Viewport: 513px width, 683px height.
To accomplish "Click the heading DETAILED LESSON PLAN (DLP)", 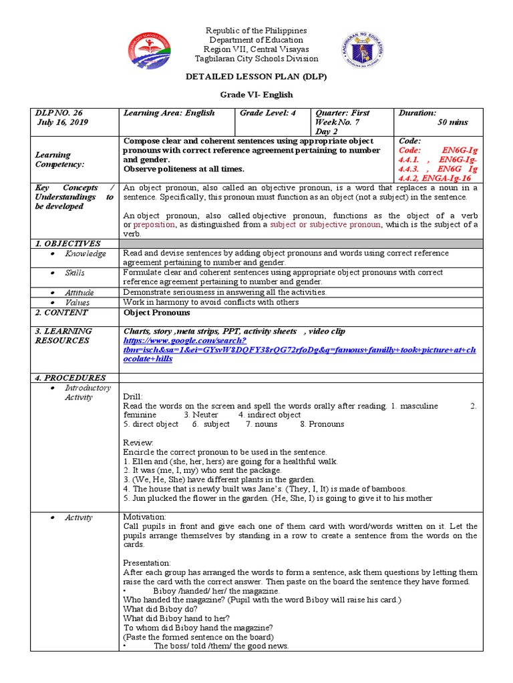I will (256, 77).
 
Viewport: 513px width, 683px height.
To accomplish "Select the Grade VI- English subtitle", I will (256, 95).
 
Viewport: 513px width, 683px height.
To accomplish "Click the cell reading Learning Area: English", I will (169, 113).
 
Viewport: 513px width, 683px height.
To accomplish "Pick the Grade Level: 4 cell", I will (268, 113).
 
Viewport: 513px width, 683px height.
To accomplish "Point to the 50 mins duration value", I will (453, 123).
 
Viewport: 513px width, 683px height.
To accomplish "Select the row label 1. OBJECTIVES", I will (67, 244).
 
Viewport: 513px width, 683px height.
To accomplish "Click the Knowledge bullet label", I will (85, 254).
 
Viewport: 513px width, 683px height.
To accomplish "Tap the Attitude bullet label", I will (79, 293).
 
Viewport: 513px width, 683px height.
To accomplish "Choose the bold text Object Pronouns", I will (157, 313).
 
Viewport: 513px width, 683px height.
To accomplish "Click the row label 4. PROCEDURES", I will (70, 378).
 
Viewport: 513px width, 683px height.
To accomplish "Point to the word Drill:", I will (134, 397).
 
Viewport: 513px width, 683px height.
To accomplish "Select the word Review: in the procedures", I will (138, 442).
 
